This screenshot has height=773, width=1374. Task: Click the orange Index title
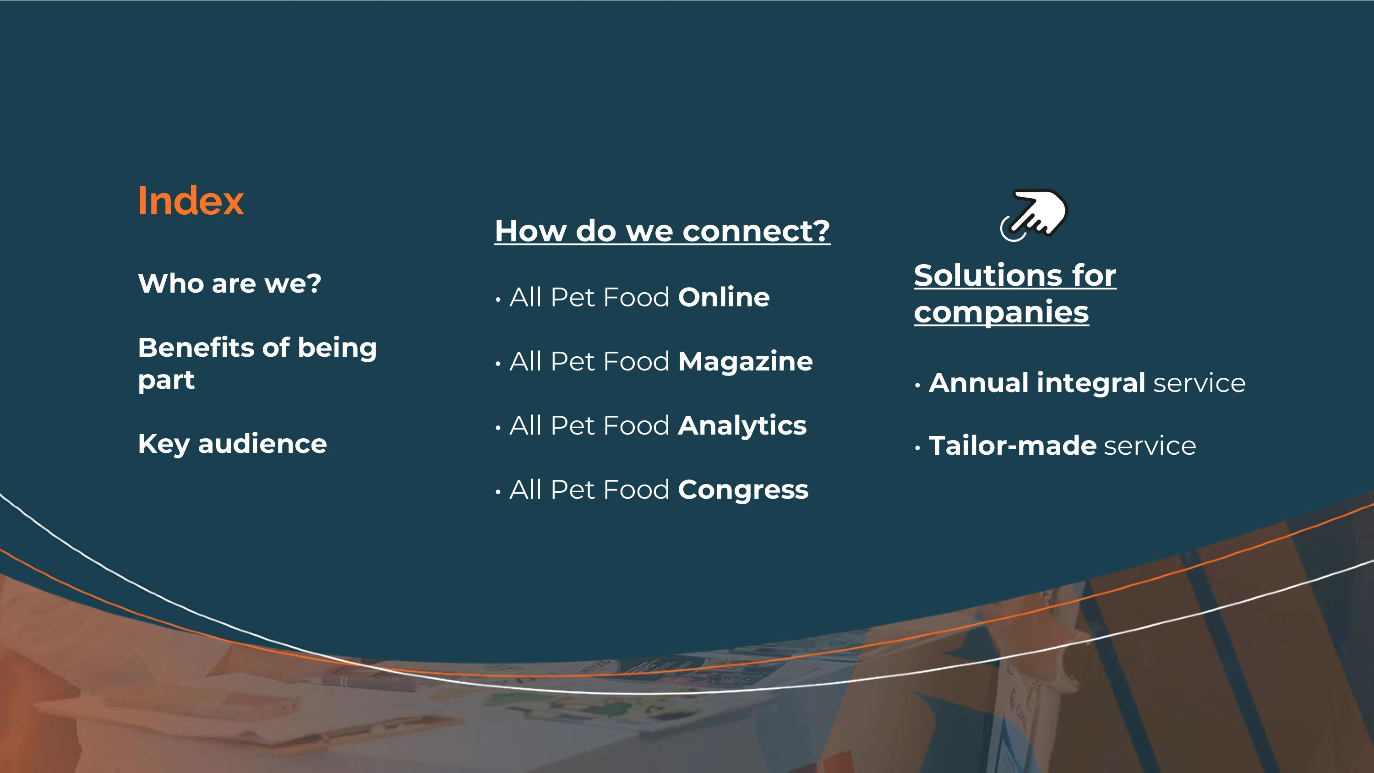[x=191, y=201]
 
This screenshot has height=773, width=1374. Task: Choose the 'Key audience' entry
[x=232, y=444]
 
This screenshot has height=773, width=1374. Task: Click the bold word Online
[x=724, y=297]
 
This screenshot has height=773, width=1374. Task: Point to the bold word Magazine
[x=746, y=362]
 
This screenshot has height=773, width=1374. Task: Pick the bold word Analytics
[x=742, y=426]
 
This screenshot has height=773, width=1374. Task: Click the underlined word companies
[x=1001, y=312]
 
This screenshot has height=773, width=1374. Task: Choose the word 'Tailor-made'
[x=1012, y=446]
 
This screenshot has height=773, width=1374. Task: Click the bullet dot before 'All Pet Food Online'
[x=498, y=300]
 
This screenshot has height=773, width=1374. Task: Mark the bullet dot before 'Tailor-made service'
[x=917, y=448]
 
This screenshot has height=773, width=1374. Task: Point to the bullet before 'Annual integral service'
[x=917, y=385]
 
